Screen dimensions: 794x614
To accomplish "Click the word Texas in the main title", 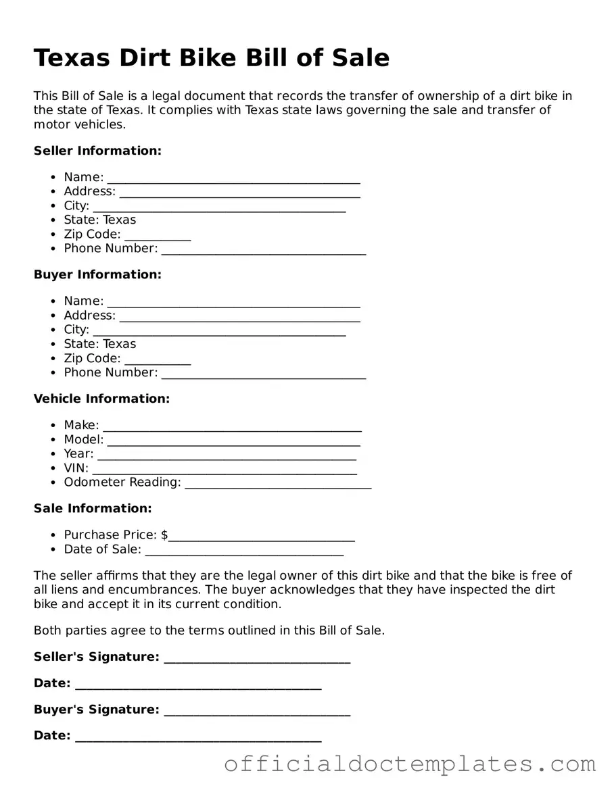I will coord(72,58).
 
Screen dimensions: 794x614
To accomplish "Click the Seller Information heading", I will coord(97,151).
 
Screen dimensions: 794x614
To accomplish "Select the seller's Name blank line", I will coord(233,178).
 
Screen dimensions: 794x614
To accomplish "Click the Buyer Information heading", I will coord(97,274).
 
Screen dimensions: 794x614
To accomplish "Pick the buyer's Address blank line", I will coord(239,316).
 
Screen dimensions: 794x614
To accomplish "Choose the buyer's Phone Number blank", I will coord(264,374).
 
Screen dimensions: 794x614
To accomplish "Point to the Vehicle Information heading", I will coord(101,399).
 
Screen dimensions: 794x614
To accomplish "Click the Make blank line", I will coord(232,426).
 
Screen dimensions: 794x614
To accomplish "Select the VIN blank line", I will coord(225,469).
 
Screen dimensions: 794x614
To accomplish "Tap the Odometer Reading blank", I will coord(277,483).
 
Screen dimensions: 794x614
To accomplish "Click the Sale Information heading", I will coord(93,508).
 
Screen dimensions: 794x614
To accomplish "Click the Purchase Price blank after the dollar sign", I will coord(262,537).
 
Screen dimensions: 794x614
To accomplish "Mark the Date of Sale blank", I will coord(244,551).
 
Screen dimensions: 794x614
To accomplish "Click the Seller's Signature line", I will coord(257,658).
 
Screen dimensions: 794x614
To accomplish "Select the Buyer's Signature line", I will coord(257,711).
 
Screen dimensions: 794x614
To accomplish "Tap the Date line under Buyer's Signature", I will coord(197,737).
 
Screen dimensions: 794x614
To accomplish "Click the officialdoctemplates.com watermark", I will coord(410,764).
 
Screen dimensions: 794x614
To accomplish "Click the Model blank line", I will coord(233,441).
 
